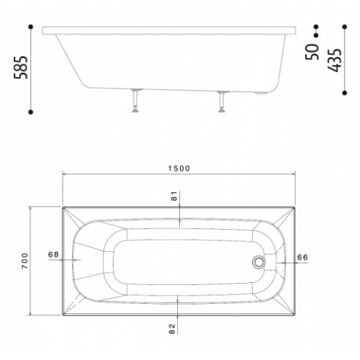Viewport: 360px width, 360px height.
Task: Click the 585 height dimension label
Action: tap(21, 68)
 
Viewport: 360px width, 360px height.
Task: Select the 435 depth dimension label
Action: tap(335, 60)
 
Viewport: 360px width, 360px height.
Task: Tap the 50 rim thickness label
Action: tap(312, 52)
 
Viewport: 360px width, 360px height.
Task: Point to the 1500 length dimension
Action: tap(179, 168)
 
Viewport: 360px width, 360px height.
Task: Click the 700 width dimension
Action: tap(25, 261)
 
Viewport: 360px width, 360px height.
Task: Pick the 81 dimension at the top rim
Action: tap(174, 196)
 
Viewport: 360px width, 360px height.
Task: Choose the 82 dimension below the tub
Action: tap(172, 329)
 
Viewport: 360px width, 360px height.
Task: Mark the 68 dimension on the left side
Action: tap(53, 254)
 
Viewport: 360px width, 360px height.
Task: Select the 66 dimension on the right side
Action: tap(302, 257)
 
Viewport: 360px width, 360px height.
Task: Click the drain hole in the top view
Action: tap(258, 261)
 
